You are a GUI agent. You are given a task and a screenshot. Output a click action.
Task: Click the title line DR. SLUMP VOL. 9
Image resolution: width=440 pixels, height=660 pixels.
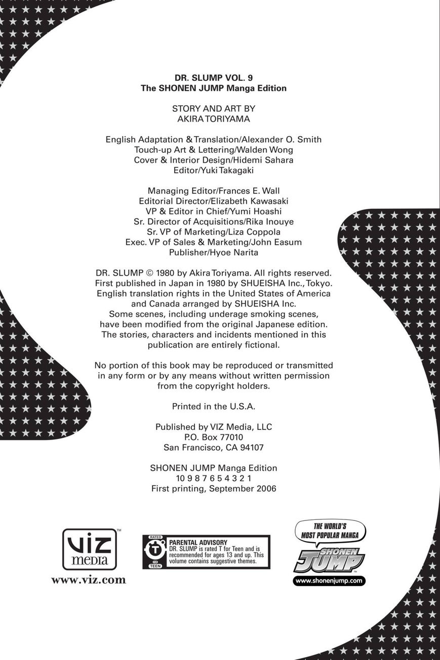click(213, 78)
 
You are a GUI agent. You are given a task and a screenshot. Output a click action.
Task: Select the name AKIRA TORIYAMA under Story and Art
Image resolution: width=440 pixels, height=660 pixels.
click(213, 119)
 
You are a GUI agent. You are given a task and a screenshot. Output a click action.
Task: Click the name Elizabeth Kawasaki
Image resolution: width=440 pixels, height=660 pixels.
click(252, 201)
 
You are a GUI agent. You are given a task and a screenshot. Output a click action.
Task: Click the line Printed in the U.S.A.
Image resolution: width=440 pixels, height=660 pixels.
click(213, 406)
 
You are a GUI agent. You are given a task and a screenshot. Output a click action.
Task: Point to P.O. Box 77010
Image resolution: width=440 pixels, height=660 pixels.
click(213, 437)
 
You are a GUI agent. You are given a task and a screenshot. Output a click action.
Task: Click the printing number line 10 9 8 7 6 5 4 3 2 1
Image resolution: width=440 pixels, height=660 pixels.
click(213, 478)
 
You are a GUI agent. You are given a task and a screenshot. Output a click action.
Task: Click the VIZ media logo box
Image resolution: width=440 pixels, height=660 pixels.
click(90, 549)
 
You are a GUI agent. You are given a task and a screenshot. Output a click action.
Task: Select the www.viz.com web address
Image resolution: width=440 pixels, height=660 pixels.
click(89, 580)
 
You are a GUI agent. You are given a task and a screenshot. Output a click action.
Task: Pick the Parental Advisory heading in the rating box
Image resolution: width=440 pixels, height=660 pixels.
click(198, 542)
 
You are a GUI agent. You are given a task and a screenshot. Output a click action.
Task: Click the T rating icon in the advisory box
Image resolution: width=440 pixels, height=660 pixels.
click(155, 552)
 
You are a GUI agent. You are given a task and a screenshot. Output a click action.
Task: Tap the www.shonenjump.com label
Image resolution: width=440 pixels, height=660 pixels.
click(329, 581)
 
